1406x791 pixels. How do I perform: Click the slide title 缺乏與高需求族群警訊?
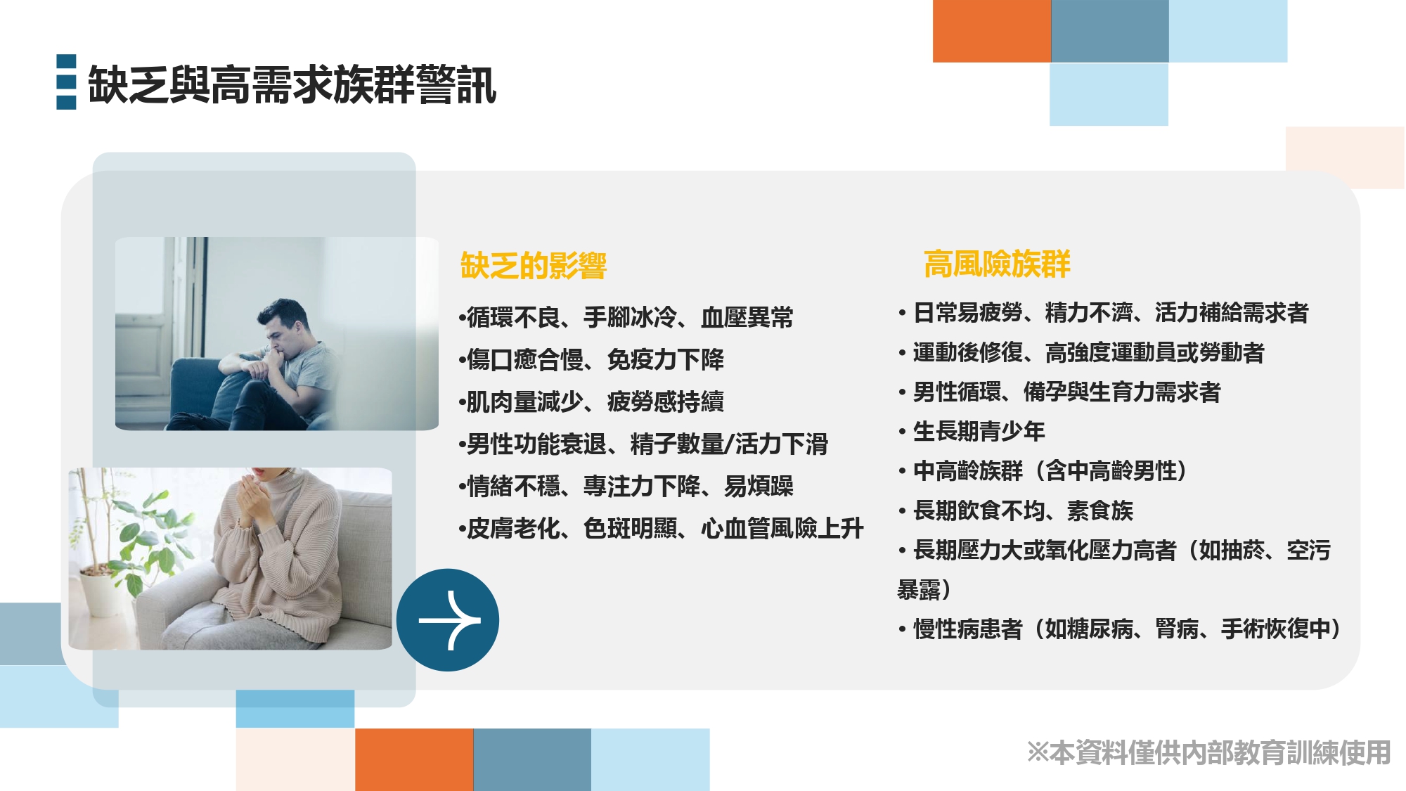coord(292,85)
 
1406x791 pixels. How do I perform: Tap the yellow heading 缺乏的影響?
coord(534,266)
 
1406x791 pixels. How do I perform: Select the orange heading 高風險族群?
coord(997,264)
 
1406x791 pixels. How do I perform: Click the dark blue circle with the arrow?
coord(448,619)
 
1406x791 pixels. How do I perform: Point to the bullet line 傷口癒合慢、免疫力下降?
coord(591,359)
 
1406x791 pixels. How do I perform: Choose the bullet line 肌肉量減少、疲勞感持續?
coord(591,401)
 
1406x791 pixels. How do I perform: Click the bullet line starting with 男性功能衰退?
coord(643,444)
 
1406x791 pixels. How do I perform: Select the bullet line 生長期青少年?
coord(972,431)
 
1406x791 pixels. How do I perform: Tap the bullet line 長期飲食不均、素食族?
coord(1016,510)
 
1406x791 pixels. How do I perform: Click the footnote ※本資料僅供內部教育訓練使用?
coord(1208,752)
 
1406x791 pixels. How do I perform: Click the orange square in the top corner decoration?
coord(992,31)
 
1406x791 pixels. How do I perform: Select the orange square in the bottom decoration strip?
coord(414,759)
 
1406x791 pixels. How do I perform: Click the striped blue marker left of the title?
coord(66,82)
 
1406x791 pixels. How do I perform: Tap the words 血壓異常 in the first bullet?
coord(747,317)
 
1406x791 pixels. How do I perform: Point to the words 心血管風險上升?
coord(782,528)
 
